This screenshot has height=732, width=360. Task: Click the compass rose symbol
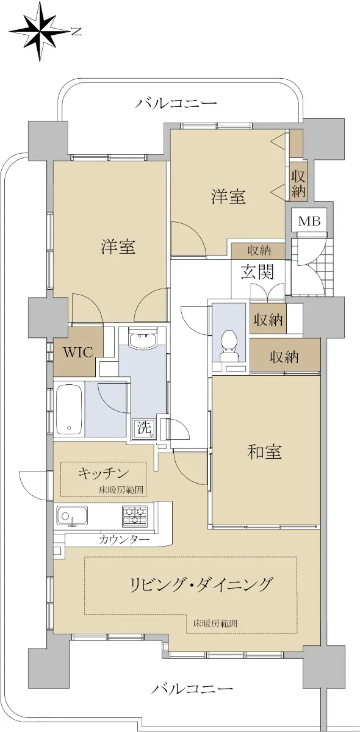coord(40,32)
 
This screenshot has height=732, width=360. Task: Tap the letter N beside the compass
coord(76,32)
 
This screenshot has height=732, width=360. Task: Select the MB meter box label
coord(309,221)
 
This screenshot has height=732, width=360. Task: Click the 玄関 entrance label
coord(257,271)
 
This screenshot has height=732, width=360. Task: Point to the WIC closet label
coord(78,352)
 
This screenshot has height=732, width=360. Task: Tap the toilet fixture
coord(229,346)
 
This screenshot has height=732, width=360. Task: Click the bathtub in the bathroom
coord(68,409)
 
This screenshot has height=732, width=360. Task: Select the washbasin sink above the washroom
coord(143,338)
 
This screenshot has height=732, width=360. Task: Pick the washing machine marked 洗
coord(144,428)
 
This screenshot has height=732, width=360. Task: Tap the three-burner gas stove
coord(134,516)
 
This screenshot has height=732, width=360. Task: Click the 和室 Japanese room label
coord(264,452)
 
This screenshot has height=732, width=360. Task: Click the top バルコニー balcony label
coord(176,104)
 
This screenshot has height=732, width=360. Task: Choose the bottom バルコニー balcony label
coord(192,678)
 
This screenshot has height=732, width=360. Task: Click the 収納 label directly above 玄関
coord(259,251)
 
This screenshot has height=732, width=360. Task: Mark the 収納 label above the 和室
coord(284,357)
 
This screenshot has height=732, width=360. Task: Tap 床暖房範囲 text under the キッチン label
coord(121,490)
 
